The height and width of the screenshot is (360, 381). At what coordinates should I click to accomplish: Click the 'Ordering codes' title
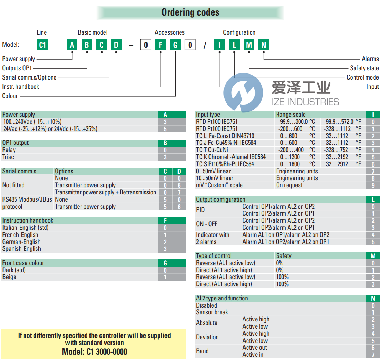coord(190,12)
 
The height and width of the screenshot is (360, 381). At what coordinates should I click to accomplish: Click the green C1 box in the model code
coord(42,45)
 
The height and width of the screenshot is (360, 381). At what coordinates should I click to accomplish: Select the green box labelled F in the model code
coord(160,45)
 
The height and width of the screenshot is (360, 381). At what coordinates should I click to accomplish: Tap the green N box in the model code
coord(264,45)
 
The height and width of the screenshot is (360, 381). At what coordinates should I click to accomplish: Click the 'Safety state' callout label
coord(364,68)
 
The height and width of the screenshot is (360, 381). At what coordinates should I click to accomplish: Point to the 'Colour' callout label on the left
coord(10,96)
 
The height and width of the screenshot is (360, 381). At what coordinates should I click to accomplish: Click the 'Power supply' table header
coord(19,115)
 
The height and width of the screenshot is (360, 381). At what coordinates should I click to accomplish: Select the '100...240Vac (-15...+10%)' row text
coord(32,122)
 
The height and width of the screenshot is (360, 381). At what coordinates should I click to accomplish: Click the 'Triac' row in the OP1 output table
coord(8,157)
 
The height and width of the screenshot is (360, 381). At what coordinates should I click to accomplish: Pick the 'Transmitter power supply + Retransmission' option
coord(105,192)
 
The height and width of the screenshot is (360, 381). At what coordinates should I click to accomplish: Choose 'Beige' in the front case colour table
coord(9,277)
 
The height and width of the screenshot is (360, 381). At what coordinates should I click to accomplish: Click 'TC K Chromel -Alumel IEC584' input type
coord(231,157)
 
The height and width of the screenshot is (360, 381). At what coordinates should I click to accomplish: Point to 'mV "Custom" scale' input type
coord(219,185)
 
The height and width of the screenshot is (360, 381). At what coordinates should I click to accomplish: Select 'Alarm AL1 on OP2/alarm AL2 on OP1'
coord(285,242)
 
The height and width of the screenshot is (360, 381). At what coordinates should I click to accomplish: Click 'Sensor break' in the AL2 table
coord(212,312)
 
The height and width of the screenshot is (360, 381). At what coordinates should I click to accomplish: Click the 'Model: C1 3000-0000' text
coord(94,351)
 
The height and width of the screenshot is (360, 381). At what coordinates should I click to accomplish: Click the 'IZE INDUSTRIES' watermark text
coord(305,102)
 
